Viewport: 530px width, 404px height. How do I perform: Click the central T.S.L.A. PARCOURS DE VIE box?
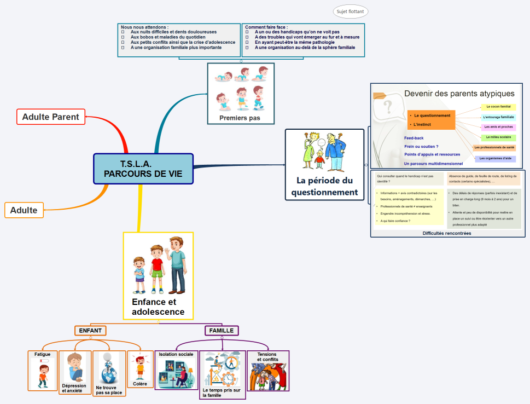click(143, 169)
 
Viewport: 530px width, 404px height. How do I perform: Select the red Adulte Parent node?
click(51, 117)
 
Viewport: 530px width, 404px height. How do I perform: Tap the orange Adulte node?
click(24, 210)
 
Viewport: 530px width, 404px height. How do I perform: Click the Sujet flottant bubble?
click(350, 11)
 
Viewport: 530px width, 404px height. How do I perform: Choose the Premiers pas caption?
click(240, 118)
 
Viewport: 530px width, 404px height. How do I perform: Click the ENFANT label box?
click(90, 331)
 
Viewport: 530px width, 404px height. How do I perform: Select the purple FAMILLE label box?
click(222, 331)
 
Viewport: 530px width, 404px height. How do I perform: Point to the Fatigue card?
click(43, 371)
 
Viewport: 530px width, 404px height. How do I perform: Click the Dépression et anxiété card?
click(75, 373)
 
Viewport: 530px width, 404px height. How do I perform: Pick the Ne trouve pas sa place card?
click(109, 373)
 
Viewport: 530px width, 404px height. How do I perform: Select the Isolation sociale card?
click(176, 370)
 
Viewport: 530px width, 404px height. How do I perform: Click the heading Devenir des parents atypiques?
click(459, 94)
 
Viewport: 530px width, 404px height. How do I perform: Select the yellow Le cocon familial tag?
click(497, 107)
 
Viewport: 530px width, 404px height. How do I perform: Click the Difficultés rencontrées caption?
click(447, 233)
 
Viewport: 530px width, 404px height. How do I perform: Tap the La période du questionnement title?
click(324, 186)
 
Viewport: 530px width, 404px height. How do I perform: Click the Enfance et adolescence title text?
click(158, 307)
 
